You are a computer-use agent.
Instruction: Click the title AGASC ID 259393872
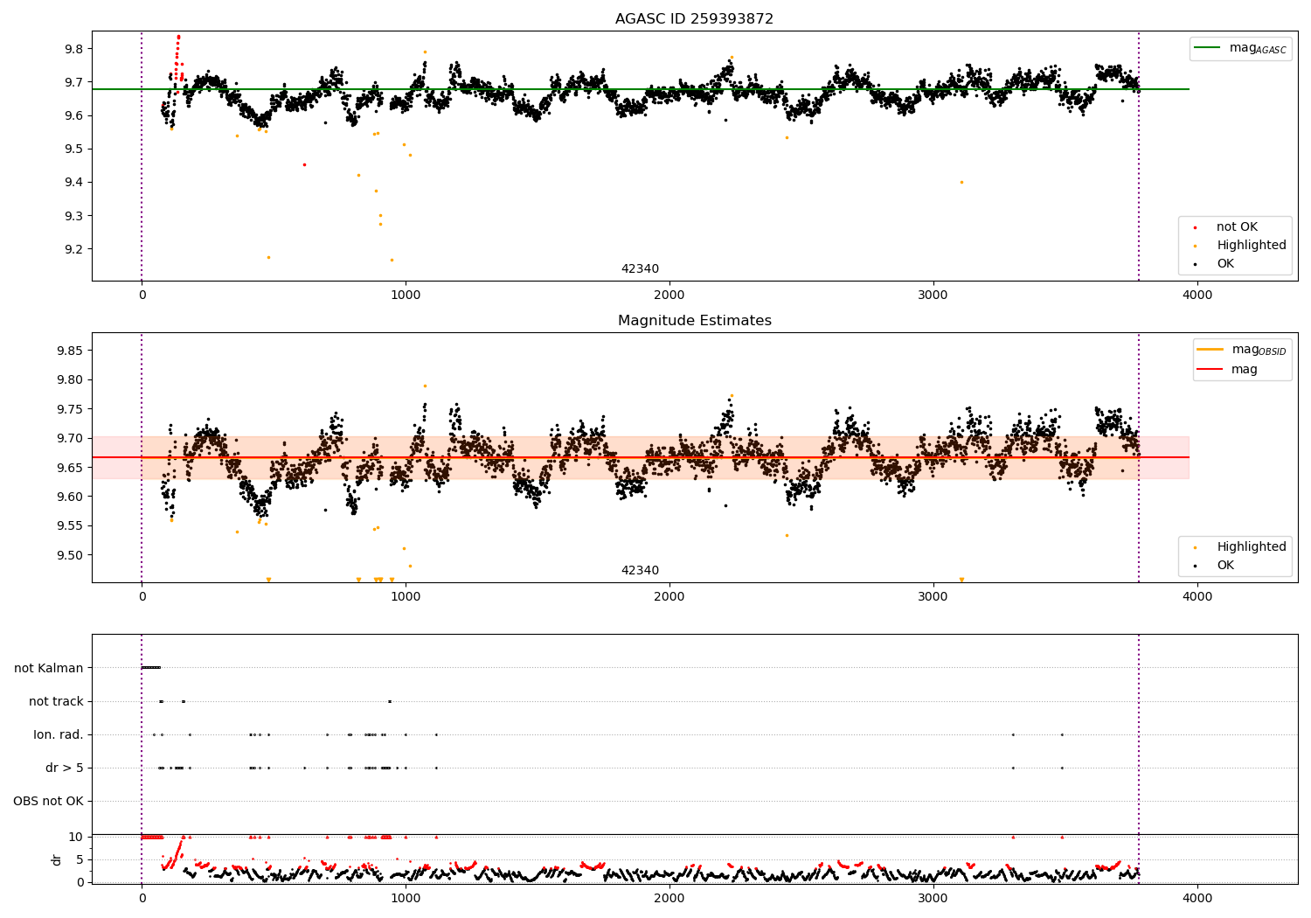pos(694,19)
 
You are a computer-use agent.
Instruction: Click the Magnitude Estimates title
pos(694,321)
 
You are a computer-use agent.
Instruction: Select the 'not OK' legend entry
pos(1237,227)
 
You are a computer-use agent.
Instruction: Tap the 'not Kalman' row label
pos(49,668)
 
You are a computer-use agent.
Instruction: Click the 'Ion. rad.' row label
pos(59,734)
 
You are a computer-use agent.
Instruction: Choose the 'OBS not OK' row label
pos(48,801)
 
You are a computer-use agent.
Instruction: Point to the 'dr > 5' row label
pos(65,768)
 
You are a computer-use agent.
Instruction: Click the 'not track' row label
pos(56,701)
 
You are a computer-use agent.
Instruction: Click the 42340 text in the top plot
pos(640,269)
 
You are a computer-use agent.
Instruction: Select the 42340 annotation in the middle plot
pos(640,571)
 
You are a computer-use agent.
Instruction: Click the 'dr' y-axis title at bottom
pos(57,859)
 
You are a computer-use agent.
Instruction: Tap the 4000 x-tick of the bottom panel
pos(1197,897)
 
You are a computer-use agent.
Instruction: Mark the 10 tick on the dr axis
pos(76,837)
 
